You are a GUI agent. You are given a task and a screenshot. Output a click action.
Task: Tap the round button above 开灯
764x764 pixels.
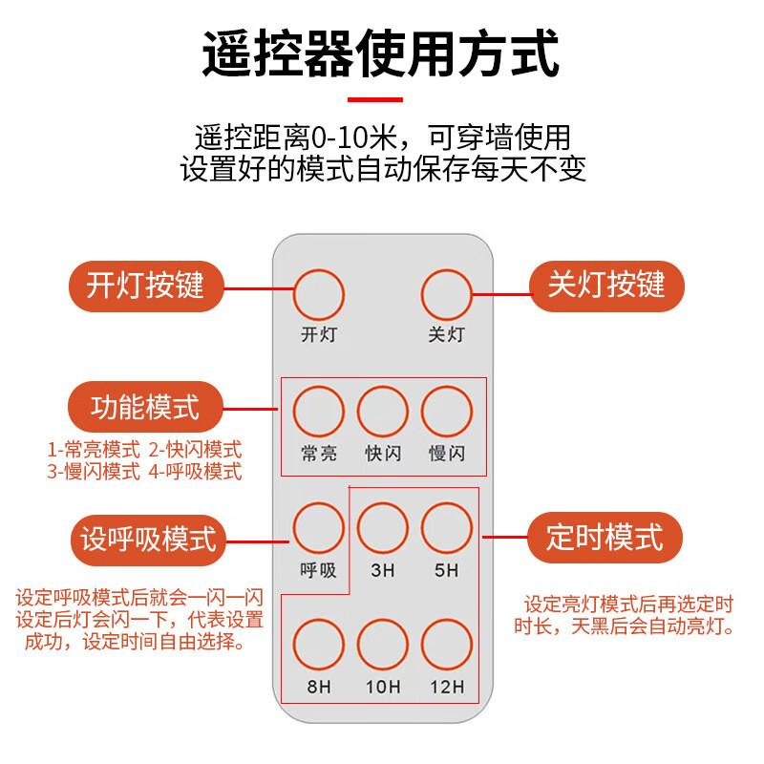[x=318, y=294]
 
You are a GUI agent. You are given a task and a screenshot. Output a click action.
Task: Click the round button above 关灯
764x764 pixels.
[x=447, y=294]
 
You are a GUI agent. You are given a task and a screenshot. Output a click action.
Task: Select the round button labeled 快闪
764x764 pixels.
[x=382, y=412]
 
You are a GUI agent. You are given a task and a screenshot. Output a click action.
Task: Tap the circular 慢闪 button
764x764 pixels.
[x=447, y=412]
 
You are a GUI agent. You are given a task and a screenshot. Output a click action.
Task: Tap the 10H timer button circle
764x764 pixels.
[x=382, y=645]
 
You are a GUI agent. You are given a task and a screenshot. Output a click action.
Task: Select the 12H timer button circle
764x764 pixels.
[x=447, y=645]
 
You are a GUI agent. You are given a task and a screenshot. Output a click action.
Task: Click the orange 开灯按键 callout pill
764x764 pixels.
[x=147, y=286]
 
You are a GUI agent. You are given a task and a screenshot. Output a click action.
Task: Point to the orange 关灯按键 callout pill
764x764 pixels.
[x=606, y=286]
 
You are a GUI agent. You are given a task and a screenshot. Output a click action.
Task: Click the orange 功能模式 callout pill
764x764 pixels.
[x=145, y=408]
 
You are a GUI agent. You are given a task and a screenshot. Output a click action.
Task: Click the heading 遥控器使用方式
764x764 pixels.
[x=381, y=54]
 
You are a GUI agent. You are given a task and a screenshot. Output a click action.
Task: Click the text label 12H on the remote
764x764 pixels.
[x=447, y=687]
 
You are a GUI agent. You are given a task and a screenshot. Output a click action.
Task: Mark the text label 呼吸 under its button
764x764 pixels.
[x=318, y=570]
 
